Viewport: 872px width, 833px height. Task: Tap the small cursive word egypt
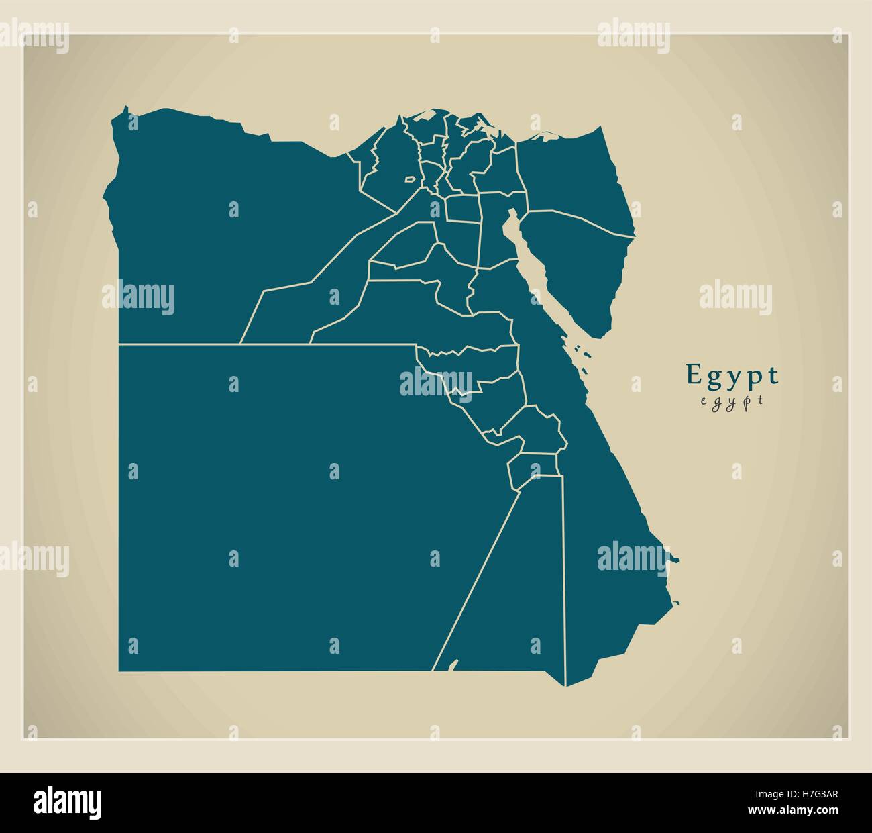coord(732,401)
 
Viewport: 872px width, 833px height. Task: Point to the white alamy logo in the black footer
coord(67,801)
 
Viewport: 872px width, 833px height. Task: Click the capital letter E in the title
coord(692,375)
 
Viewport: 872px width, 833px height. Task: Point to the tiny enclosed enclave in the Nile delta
coord(408,179)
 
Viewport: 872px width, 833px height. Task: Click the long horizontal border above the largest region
coord(268,344)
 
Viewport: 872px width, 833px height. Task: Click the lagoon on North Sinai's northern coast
coord(543,138)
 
